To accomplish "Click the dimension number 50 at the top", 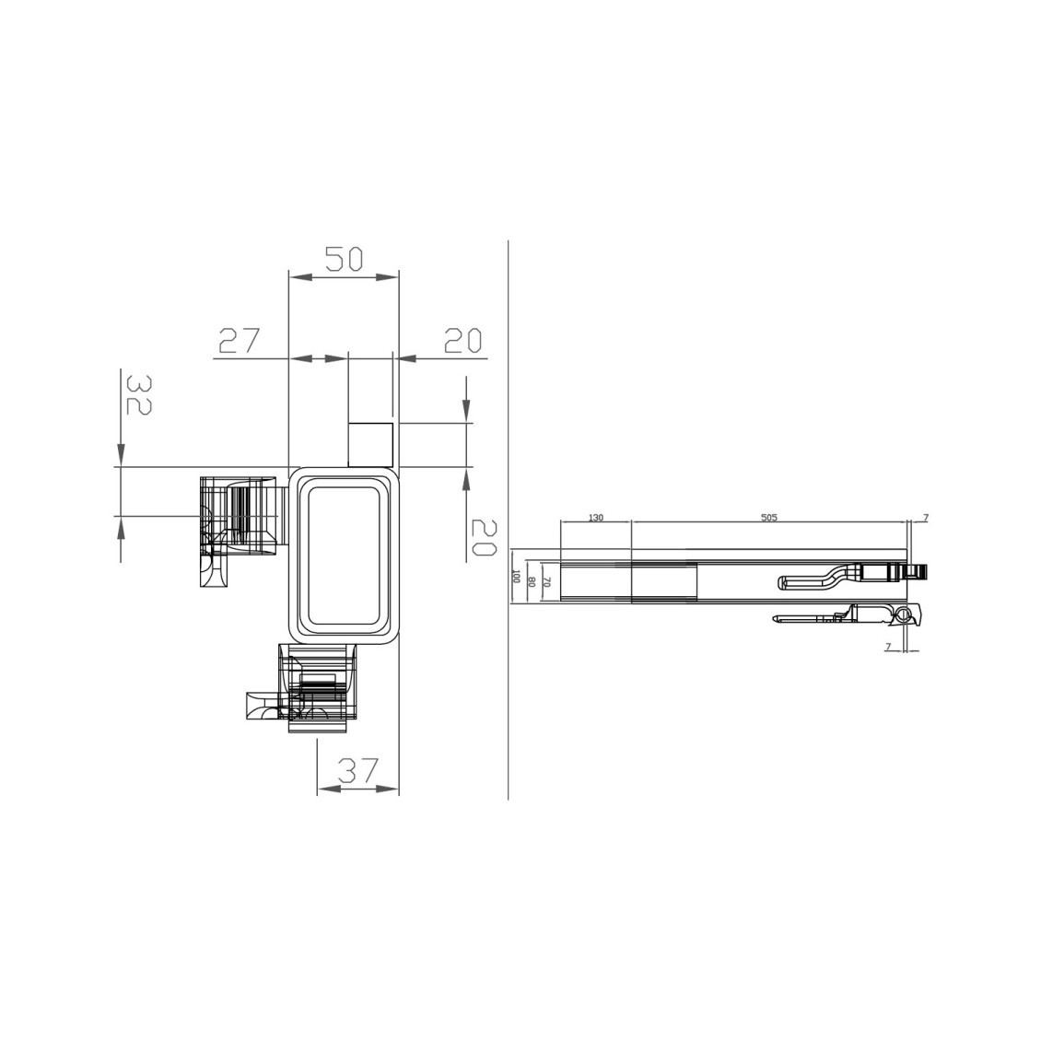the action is pyautogui.click(x=344, y=258).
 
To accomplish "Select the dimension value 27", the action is pyautogui.click(x=239, y=340).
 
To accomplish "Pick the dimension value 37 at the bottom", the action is pyautogui.click(x=357, y=770).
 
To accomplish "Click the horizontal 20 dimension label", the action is pyautogui.click(x=462, y=340).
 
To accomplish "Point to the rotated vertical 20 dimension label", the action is pyautogui.click(x=484, y=538).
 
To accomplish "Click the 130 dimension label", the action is pyautogui.click(x=596, y=517).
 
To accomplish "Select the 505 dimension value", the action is pyautogui.click(x=769, y=517).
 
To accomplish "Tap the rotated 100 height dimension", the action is pyautogui.click(x=516, y=576).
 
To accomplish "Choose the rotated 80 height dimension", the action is pyautogui.click(x=532, y=581).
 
